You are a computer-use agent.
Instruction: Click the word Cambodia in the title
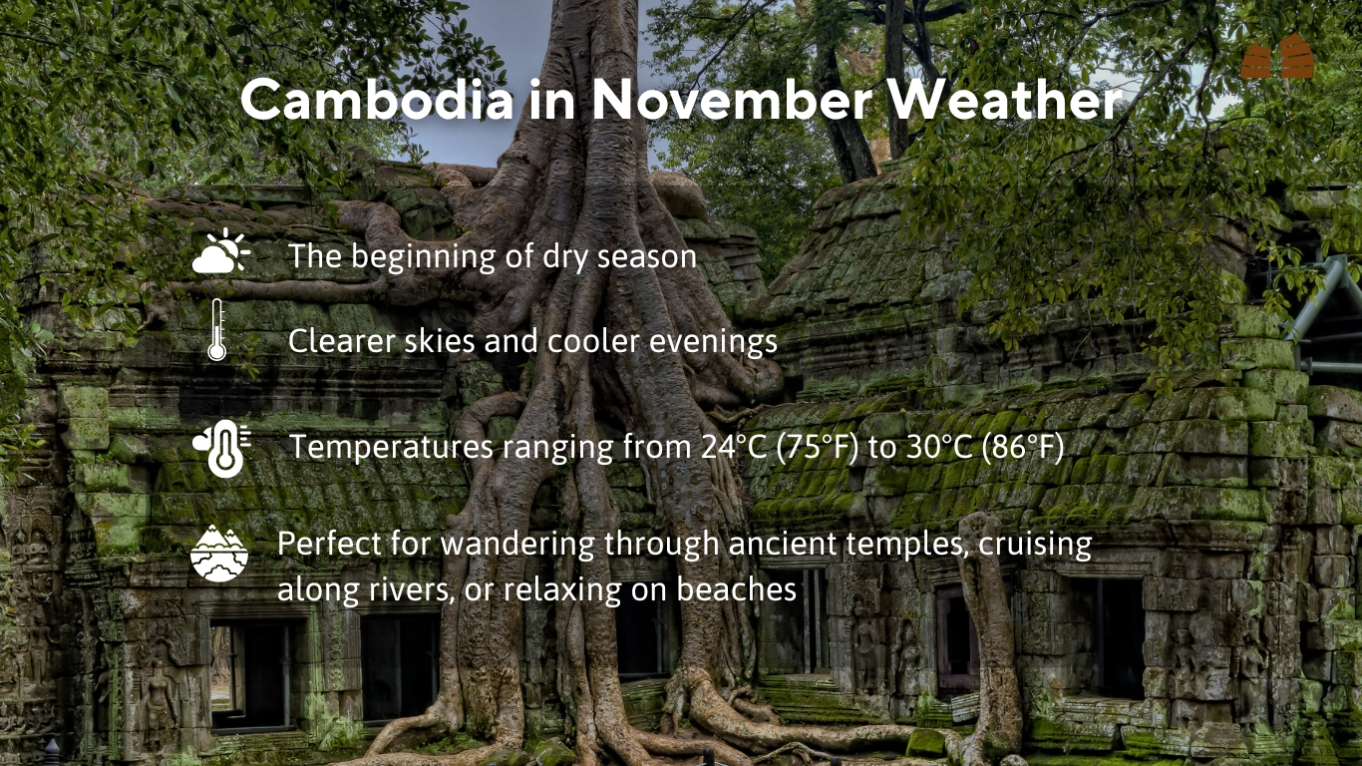point(377,99)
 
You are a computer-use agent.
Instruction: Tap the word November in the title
point(732,99)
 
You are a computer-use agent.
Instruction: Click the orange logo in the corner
point(1277,56)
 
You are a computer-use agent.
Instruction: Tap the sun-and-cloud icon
point(220,250)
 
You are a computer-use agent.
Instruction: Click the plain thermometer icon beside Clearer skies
point(217,330)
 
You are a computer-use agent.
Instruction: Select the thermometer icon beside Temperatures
point(222,448)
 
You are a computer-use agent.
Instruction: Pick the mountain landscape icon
point(219,554)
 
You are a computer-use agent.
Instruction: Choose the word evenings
point(713,342)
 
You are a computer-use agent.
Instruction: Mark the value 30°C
point(940,447)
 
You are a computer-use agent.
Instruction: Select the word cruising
point(1036,545)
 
